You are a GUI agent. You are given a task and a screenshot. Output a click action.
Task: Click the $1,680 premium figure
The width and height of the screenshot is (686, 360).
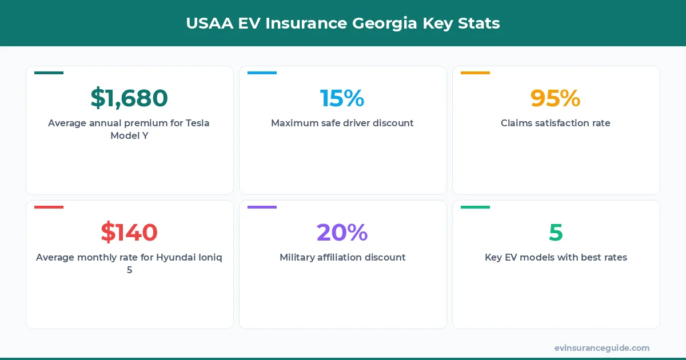[x=129, y=98]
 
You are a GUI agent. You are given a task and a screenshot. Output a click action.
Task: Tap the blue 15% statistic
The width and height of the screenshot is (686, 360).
[x=342, y=98]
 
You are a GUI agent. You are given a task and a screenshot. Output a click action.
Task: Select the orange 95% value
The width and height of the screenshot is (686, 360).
[x=555, y=98]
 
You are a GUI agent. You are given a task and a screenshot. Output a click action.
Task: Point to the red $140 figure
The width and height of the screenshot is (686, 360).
[x=129, y=233]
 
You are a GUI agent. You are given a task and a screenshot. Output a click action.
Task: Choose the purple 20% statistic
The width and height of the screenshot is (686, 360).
[x=342, y=233]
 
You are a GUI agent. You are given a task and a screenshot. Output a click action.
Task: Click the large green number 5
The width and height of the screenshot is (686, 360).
[x=556, y=233]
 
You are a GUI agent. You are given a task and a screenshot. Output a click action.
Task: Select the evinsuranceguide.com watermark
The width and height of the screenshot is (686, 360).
[x=601, y=348]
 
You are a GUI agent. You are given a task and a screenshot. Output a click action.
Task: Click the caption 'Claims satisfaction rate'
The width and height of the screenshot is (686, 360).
[x=555, y=123]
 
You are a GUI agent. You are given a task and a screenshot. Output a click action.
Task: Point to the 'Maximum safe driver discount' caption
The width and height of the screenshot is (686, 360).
[x=342, y=123]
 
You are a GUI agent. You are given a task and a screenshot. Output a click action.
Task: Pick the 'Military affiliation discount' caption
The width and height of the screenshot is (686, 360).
[x=342, y=257]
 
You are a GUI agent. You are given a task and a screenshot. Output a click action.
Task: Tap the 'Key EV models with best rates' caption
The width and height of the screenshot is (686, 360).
[x=556, y=257]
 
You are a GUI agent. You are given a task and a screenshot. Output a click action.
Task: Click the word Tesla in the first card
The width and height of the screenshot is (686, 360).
[x=195, y=123]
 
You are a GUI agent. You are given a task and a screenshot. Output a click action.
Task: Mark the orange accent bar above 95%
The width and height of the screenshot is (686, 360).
[x=475, y=73]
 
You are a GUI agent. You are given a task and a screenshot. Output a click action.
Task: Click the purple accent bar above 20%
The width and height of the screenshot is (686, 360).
[x=262, y=207]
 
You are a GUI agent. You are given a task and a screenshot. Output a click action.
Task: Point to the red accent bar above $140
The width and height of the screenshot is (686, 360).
[x=49, y=207]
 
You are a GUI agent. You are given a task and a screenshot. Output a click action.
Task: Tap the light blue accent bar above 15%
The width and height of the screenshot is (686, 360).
[x=262, y=73]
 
